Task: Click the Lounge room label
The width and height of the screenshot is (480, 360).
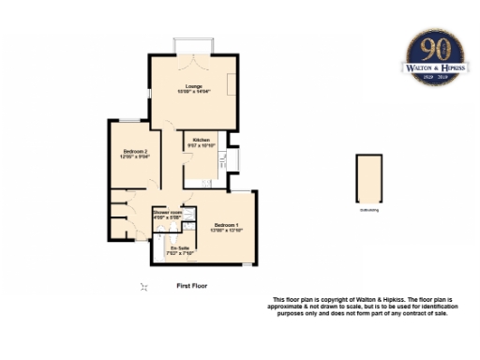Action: click(x=193, y=86)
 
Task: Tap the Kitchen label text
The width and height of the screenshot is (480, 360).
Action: click(x=201, y=140)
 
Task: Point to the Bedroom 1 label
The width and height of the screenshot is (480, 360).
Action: click(x=226, y=224)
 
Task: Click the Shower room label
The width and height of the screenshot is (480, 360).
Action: click(x=168, y=213)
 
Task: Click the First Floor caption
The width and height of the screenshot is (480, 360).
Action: click(x=191, y=285)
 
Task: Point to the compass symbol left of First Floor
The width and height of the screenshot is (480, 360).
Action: click(x=143, y=287)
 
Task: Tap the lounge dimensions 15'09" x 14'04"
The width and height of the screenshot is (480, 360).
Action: click(x=193, y=92)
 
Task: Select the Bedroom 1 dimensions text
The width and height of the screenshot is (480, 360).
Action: click(x=226, y=230)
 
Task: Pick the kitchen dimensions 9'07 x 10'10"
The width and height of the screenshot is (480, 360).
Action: click(x=201, y=145)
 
